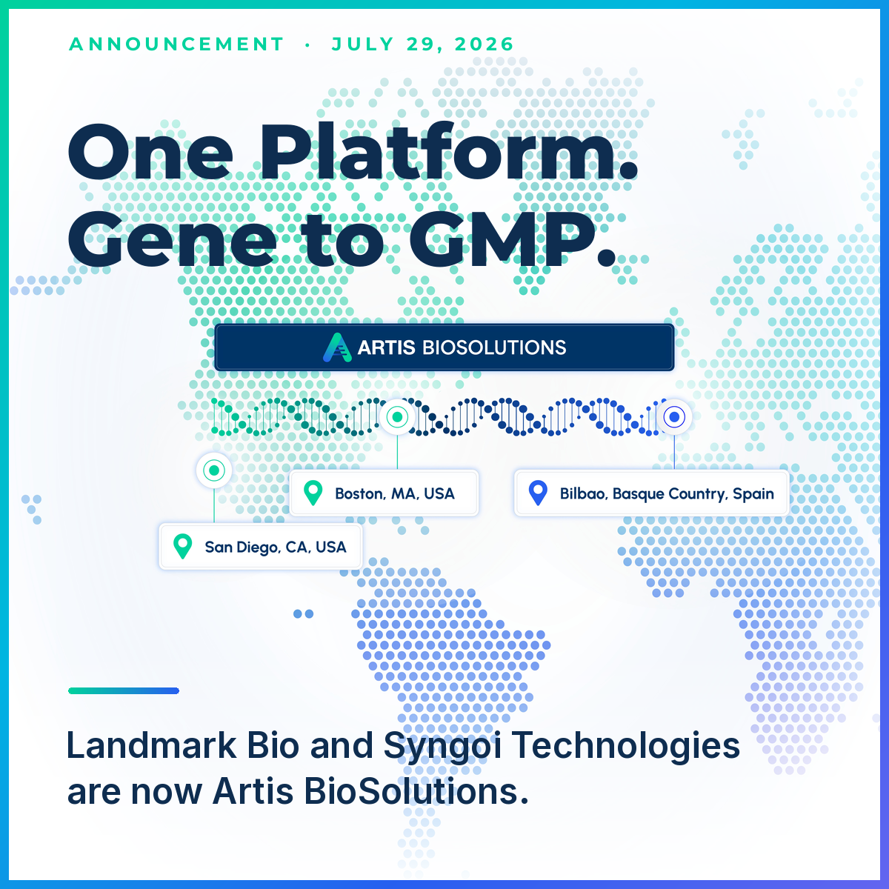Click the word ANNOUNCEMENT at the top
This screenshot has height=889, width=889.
(177, 44)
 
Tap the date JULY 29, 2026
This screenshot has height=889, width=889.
(422, 44)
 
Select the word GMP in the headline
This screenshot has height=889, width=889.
(513, 240)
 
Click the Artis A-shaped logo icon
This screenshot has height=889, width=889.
(337, 347)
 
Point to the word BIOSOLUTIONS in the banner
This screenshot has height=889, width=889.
(494, 347)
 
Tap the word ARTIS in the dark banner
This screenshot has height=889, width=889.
(387, 347)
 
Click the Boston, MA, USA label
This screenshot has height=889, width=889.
(395, 493)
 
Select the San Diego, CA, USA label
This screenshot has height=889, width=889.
(276, 547)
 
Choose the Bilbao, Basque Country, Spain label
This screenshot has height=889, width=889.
(667, 493)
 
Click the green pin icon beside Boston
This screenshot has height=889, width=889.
(313, 493)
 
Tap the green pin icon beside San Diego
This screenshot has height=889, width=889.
(183, 546)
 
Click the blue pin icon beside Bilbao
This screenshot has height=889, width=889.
(538, 493)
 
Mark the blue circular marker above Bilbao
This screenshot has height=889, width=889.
(674, 417)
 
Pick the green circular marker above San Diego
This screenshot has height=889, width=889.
(214, 470)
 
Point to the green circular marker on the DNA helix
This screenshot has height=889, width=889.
(397, 417)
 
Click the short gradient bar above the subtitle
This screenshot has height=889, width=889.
(124, 690)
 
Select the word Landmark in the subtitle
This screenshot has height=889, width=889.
(151, 745)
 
